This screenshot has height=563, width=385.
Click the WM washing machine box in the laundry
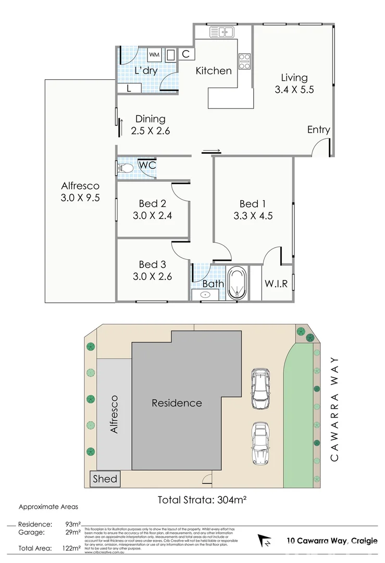[155, 54]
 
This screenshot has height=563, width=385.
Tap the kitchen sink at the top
[223, 32]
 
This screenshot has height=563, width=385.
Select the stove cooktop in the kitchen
[244, 62]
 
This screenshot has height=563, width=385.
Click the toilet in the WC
[123, 168]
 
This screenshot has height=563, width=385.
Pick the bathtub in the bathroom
[237, 283]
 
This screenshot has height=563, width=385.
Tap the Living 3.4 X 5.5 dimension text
[294, 90]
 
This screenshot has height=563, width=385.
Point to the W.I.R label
[276, 285]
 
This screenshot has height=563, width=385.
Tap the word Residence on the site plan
[177, 403]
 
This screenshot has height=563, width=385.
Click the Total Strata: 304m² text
[202, 499]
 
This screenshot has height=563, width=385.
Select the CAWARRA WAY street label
[334, 410]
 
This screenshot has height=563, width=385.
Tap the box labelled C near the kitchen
[185, 54]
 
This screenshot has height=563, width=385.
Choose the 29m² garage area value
[73, 532]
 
